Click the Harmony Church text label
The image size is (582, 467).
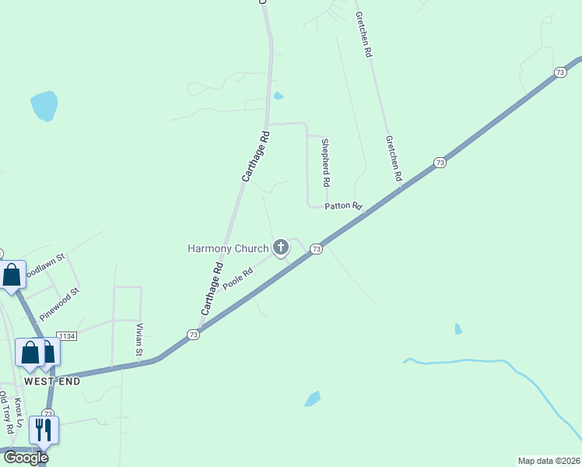228,248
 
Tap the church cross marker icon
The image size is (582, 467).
281,248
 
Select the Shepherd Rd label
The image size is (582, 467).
326,162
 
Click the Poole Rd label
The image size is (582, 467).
238,279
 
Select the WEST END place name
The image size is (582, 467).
52,381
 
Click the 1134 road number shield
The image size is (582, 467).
66,335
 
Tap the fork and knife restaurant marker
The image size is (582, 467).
42,430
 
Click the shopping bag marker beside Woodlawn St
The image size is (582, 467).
12,275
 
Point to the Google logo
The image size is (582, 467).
26,458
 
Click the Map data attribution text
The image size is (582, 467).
549,460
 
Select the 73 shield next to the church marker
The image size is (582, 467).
316,248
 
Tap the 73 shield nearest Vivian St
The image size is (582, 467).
193,334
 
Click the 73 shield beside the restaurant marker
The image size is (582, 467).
48,413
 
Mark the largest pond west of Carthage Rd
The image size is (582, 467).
44,106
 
